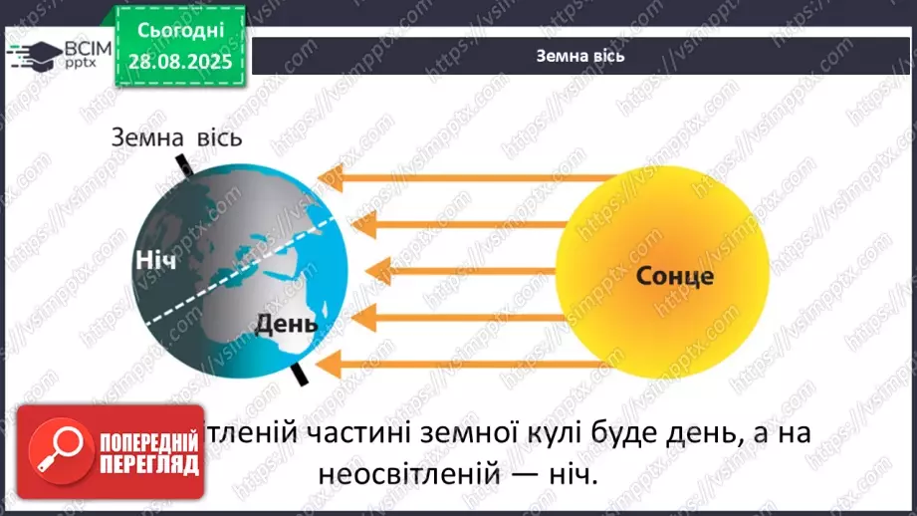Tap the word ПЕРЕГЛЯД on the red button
(x=148, y=465)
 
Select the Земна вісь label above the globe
(x=176, y=136)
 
